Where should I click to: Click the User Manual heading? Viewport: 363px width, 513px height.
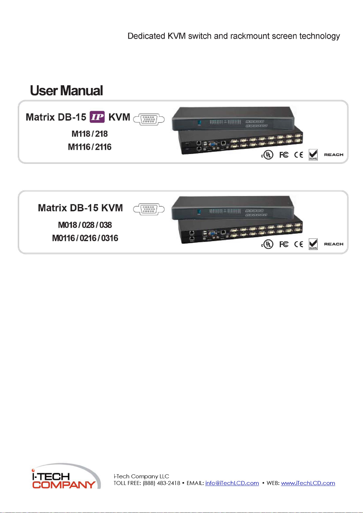point(66,91)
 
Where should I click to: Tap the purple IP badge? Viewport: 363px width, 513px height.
point(97,117)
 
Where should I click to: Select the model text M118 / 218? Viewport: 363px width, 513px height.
point(90,134)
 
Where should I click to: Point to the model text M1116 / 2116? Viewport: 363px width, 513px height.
point(90,147)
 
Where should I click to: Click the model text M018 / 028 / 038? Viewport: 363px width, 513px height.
point(85,225)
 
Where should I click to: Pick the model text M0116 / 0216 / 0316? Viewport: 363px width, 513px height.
point(85,238)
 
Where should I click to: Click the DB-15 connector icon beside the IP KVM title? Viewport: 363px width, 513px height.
point(149,119)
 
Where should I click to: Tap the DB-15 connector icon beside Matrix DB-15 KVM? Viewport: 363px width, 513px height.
point(149,209)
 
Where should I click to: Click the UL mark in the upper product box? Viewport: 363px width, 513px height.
point(268,155)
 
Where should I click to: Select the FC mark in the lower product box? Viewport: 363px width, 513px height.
point(284,244)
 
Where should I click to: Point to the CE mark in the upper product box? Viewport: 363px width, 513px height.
point(299,155)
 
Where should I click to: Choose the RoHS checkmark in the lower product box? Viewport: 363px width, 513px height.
point(313,244)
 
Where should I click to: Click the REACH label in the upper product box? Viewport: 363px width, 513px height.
point(333,155)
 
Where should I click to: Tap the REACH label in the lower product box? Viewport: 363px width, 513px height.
point(333,244)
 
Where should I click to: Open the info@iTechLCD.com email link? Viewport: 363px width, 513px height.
point(232,483)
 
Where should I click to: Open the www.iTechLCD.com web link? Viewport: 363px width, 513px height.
point(308,483)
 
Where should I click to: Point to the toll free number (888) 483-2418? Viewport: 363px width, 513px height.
point(161,483)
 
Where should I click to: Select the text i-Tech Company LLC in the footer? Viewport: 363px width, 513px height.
point(141,476)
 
